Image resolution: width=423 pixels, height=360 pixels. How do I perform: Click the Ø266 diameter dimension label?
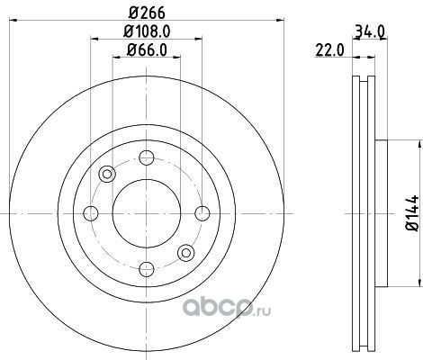(x=147, y=13)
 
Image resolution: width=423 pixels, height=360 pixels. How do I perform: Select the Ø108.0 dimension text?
(x=147, y=31)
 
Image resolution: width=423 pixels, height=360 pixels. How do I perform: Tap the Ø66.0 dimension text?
(x=147, y=49)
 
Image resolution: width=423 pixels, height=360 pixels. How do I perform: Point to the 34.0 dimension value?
(x=370, y=31)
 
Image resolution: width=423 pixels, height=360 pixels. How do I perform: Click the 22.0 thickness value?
(x=329, y=50)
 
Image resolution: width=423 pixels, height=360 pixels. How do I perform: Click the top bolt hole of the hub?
(x=147, y=157)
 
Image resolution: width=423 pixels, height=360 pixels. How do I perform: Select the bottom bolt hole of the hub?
(x=147, y=269)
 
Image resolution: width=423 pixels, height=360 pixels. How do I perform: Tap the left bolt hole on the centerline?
(x=91, y=213)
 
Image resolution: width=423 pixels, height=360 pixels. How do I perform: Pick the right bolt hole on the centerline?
(x=202, y=213)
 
